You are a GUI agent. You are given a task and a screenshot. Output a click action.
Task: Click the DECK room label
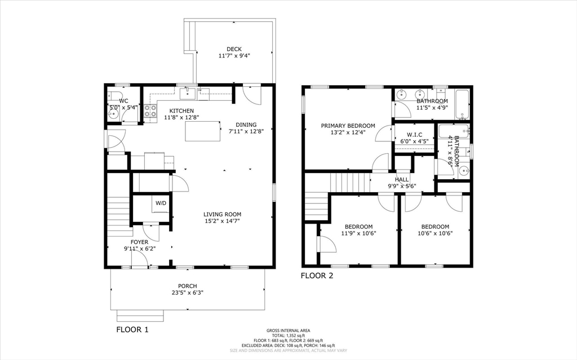tap(234, 49)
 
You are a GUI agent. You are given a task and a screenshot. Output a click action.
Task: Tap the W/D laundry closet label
tap(161, 203)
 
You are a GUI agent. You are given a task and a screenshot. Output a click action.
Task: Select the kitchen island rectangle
tap(202, 131)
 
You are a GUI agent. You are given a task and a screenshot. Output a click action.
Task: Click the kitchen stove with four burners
tap(150, 112)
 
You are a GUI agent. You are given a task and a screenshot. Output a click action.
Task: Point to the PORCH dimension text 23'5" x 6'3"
tap(187, 293)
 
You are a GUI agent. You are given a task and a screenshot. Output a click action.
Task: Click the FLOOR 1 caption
tap(132, 330)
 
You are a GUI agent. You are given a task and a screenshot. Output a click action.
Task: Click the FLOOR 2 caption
tap(317, 275)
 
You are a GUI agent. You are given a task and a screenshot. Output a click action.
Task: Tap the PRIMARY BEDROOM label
tap(348, 126)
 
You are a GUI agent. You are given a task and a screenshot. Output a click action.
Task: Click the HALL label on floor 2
tap(402, 179)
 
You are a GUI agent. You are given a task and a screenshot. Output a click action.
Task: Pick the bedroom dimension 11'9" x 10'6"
tap(358, 233)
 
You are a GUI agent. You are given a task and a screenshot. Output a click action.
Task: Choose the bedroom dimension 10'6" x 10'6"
tap(435, 233)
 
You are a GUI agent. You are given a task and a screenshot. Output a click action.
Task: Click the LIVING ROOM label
tap(222, 214)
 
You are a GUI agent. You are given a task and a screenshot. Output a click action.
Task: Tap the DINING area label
tap(246, 125)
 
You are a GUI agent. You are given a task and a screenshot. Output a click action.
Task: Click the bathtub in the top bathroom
tap(461, 104)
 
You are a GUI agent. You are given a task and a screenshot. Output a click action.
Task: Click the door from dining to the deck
tap(252, 94)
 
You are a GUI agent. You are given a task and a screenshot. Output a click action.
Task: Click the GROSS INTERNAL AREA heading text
tap(288, 331)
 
